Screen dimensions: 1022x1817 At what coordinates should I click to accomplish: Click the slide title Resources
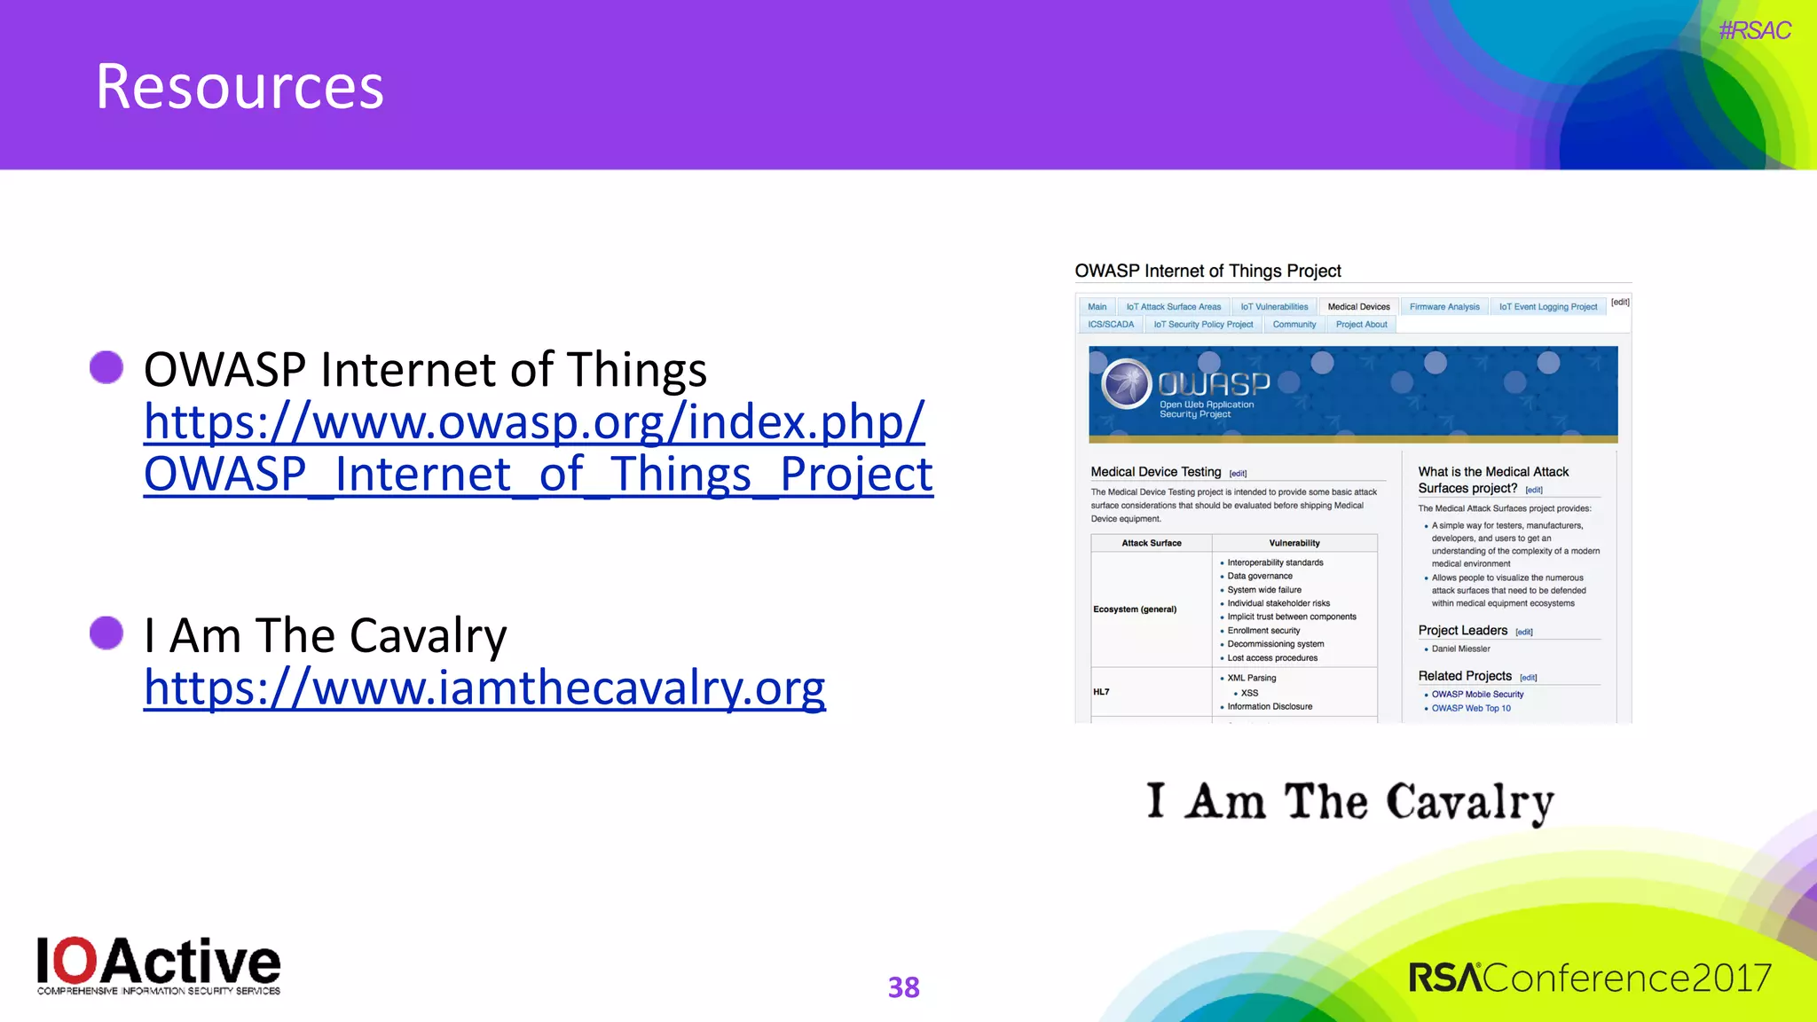click(x=240, y=87)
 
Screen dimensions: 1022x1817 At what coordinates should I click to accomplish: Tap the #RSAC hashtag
click(x=1754, y=31)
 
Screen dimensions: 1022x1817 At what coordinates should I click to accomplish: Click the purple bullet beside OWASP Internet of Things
click(x=106, y=367)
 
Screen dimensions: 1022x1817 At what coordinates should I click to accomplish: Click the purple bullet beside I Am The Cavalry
click(x=106, y=633)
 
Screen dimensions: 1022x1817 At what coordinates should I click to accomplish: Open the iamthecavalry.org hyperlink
click(x=484, y=688)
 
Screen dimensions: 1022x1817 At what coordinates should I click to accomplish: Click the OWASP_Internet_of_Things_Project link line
click(x=538, y=474)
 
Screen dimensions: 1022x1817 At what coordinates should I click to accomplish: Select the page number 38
click(x=903, y=987)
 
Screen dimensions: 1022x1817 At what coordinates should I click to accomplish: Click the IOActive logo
click(x=159, y=965)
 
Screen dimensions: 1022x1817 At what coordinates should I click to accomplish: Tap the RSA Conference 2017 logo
click(x=1589, y=978)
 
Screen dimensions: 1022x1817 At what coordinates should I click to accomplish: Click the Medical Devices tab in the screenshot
click(x=1358, y=307)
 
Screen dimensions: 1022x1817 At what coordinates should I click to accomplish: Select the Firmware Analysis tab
click(x=1443, y=307)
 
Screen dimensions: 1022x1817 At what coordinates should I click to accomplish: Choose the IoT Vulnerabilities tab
click(x=1274, y=307)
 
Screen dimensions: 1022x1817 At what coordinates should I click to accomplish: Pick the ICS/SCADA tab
click(x=1111, y=325)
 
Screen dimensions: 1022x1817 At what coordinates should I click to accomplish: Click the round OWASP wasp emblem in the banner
click(x=1127, y=384)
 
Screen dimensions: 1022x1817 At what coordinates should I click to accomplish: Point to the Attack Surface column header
click(x=1151, y=543)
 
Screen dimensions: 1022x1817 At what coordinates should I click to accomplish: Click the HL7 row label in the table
click(x=1101, y=692)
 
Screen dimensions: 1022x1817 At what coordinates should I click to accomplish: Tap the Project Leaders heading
click(x=1462, y=630)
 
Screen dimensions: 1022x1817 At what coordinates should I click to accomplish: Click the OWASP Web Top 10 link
click(x=1471, y=708)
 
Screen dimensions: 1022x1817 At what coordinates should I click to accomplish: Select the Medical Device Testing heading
click(x=1155, y=472)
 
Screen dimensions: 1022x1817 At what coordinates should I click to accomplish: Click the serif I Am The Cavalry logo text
click(x=1349, y=802)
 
